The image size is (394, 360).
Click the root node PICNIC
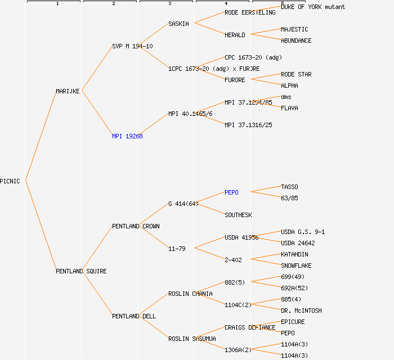click(10, 181)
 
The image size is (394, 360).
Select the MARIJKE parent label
click(68, 91)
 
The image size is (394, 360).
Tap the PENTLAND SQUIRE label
click(81, 271)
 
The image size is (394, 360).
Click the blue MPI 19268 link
click(127, 136)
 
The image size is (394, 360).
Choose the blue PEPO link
click(231, 192)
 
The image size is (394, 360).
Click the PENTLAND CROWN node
click(136, 226)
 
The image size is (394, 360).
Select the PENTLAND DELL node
click(134, 316)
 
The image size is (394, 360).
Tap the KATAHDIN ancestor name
click(294, 254)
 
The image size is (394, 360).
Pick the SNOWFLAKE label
click(296, 265)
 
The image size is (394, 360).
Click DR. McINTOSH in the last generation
click(301, 310)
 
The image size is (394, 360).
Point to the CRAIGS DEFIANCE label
click(250, 327)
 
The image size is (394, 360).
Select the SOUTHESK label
click(238, 215)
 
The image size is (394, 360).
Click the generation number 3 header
click(169, 4)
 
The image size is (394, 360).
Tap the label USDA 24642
click(298, 243)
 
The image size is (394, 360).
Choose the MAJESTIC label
click(294, 29)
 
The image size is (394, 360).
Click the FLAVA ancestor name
click(289, 108)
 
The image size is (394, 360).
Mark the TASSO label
click(289, 187)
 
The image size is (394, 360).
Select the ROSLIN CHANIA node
click(190, 294)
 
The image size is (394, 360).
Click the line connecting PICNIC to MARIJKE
click(41, 136)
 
